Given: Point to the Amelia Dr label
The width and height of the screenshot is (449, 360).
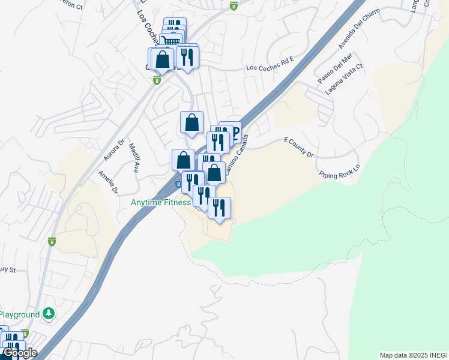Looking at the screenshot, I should pyautogui.click(x=108, y=182).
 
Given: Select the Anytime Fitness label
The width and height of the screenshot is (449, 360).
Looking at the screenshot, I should pyautogui.click(x=161, y=203).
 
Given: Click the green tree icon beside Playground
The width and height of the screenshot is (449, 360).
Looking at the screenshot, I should pyautogui.click(x=49, y=314).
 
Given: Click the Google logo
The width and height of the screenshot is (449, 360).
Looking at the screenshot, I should pyautogui.click(x=20, y=353).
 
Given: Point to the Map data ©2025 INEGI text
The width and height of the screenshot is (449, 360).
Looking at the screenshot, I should pyautogui.click(x=413, y=355).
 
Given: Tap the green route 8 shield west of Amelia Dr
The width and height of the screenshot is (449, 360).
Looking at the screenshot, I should pyautogui.click(x=52, y=241).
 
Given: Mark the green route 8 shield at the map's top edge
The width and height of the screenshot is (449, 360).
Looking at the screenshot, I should pyautogui.click(x=234, y=6).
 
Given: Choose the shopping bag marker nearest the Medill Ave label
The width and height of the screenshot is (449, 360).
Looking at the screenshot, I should pyautogui.click(x=183, y=160).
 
